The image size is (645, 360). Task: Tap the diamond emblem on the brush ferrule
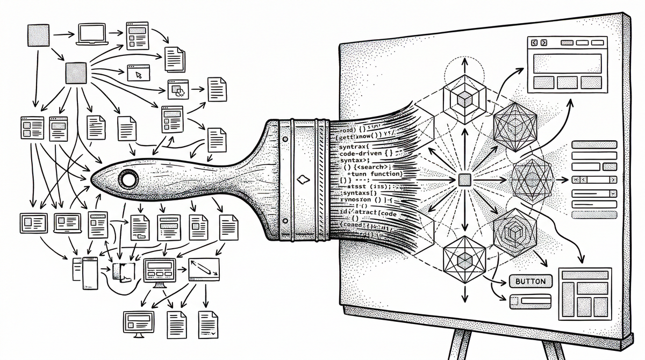[x=304, y=177]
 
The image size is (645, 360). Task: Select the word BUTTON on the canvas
[x=529, y=281]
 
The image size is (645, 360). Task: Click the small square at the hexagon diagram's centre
[x=464, y=180]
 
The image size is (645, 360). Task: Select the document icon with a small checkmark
[x=206, y=324]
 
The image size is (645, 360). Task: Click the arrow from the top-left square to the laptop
[x=63, y=35]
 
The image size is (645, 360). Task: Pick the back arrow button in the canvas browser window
[x=535, y=42]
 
